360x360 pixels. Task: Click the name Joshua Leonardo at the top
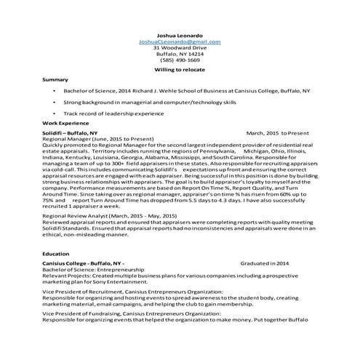click(179, 34)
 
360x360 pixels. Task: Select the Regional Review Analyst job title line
click(109, 216)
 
